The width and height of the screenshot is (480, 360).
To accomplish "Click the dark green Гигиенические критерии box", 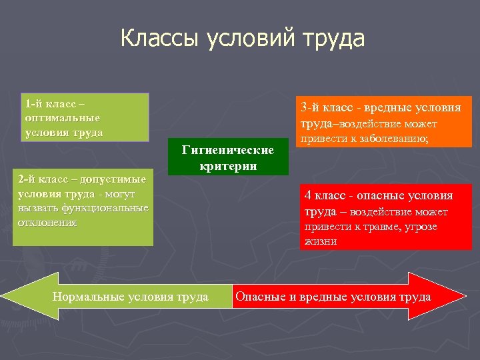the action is click(x=228, y=158).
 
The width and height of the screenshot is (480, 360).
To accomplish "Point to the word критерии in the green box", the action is click(x=228, y=166).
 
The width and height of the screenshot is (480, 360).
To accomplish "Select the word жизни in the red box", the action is click(x=321, y=241).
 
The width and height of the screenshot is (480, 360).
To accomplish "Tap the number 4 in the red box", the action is click(x=307, y=196).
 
